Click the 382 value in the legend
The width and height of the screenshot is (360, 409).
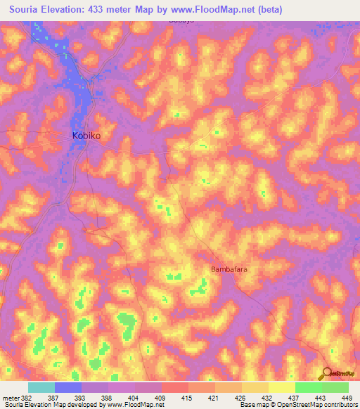pyautogui.click(x=26, y=397)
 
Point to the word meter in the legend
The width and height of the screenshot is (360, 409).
pyautogui.click(x=10, y=397)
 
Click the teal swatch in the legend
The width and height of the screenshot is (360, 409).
pyautogui.click(x=41, y=387)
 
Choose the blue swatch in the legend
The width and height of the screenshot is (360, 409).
pyautogui.click(x=68, y=387)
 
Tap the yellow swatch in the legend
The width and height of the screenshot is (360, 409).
pyautogui.click(x=281, y=387)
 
